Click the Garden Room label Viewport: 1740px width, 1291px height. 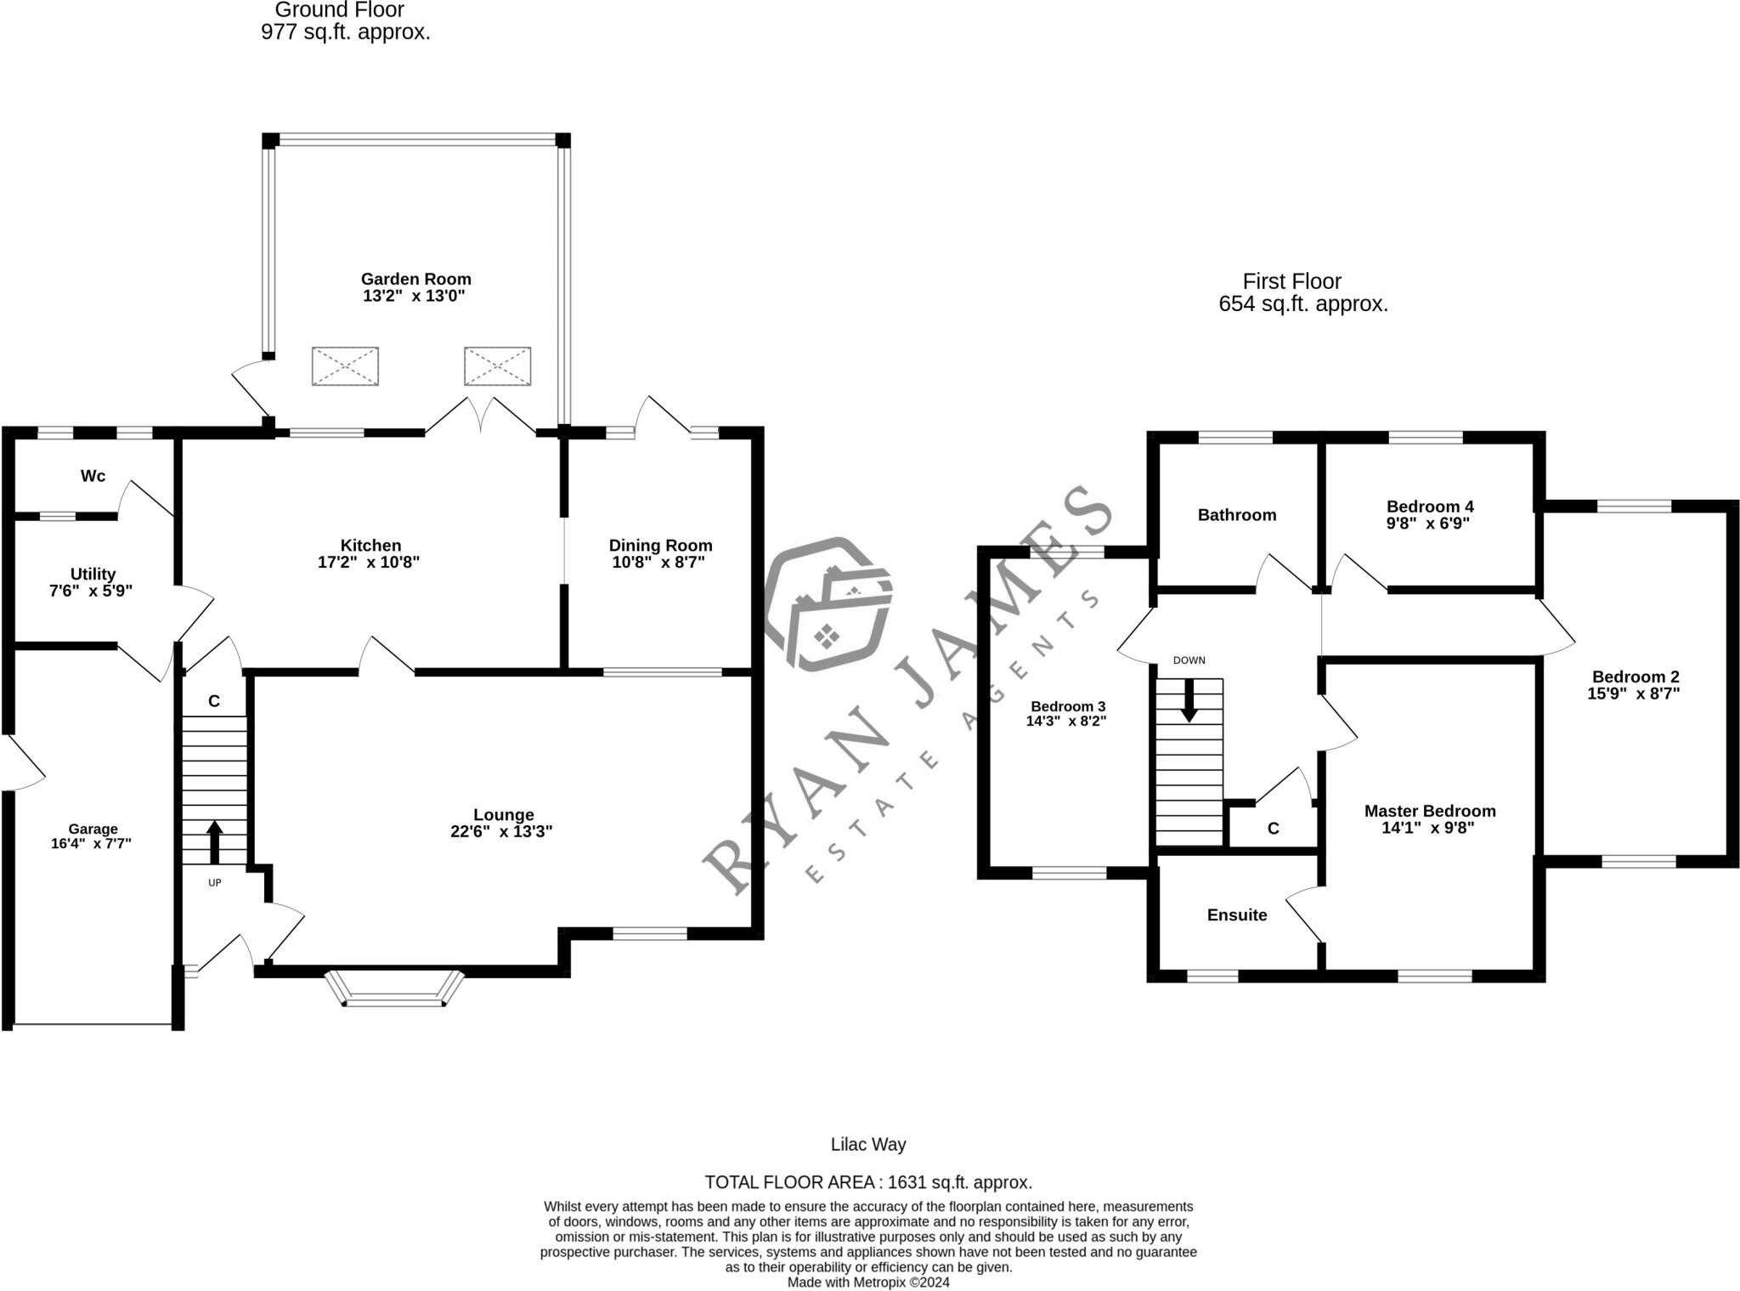(415, 279)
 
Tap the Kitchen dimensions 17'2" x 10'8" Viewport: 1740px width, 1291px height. (369, 562)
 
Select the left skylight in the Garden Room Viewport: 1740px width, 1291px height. (345, 366)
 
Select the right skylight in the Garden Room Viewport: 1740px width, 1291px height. (497, 366)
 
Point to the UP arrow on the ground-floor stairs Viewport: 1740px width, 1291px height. (214, 841)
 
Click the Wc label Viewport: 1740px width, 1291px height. (93, 476)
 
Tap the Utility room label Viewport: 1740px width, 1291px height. (93, 574)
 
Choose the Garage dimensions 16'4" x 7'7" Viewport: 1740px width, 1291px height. (92, 844)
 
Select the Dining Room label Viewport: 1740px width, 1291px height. (660, 546)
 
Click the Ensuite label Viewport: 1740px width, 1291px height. (1236, 915)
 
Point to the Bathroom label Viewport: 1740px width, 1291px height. (1236, 515)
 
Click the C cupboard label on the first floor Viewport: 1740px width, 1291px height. (1273, 829)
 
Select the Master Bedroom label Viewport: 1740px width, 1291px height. (1429, 811)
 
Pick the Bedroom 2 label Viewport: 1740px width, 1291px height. (1635, 677)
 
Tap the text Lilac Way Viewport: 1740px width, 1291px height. (868, 1145)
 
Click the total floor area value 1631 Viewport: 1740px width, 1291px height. (907, 1182)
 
